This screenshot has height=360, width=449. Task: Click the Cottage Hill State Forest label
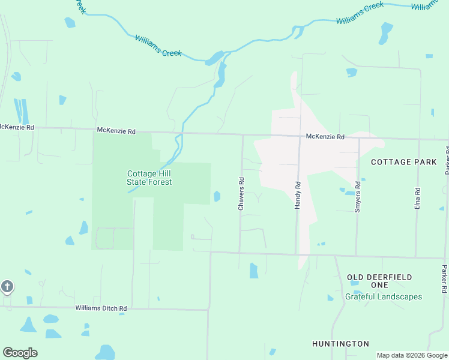point(149,178)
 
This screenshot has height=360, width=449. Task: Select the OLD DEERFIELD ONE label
point(379,281)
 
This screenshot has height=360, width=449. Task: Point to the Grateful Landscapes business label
point(384,296)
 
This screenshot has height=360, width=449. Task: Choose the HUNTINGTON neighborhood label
point(340,344)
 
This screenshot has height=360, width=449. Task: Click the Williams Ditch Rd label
point(101,308)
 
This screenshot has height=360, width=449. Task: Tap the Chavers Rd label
point(241,193)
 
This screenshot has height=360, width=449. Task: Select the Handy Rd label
point(297,194)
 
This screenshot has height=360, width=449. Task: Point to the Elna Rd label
point(417,198)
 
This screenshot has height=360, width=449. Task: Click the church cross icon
point(7,286)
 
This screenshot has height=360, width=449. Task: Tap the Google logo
point(20,353)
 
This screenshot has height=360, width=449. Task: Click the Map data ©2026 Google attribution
point(412,355)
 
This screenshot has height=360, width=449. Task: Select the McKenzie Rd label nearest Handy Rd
point(325,137)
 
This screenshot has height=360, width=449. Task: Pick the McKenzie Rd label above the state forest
point(116,131)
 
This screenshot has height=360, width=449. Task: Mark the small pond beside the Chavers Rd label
point(217,196)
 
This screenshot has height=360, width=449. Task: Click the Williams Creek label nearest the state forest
point(158,46)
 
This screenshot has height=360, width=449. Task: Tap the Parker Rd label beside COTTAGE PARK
point(447,159)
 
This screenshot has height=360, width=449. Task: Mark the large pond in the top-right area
point(385,33)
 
